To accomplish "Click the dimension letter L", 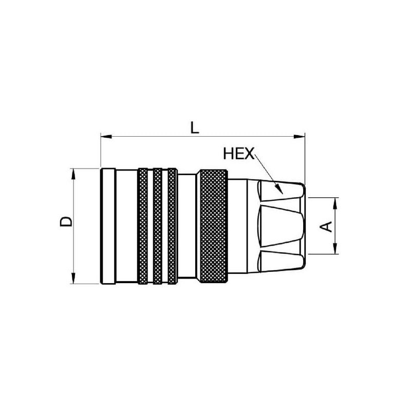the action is [x=195, y=127].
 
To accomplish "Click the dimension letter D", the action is [x=66, y=221].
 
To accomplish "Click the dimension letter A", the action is [x=326, y=227].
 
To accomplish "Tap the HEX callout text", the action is [x=238, y=154].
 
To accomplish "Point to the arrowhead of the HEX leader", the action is [x=279, y=190].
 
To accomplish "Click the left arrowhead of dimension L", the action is [x=106, y=137].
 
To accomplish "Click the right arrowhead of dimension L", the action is [x=300, y=137].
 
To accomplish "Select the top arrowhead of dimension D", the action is [x=73, y=174].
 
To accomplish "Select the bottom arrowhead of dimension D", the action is [x=73, y=278].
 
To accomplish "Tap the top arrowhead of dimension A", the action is [x=335, y=203].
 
